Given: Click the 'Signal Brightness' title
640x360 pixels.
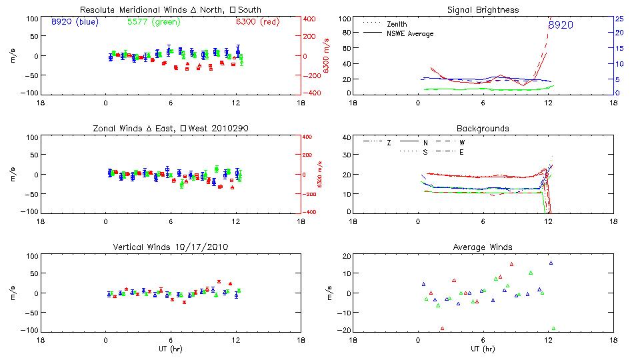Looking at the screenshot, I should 483,10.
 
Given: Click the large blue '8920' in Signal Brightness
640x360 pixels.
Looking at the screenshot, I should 561,25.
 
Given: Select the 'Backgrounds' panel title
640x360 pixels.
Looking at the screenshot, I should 483,127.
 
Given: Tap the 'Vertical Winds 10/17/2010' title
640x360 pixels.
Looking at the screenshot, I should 171,247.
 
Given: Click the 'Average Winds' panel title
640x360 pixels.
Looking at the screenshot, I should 483,247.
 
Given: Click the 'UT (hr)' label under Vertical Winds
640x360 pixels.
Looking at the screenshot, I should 171,349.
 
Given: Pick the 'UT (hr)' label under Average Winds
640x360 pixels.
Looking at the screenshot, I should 483,349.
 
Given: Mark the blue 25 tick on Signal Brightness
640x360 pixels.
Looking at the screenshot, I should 619,19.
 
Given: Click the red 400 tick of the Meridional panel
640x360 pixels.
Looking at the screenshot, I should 310,19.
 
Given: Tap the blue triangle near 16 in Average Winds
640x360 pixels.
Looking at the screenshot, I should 551,263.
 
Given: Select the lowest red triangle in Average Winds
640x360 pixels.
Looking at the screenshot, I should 442,328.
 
